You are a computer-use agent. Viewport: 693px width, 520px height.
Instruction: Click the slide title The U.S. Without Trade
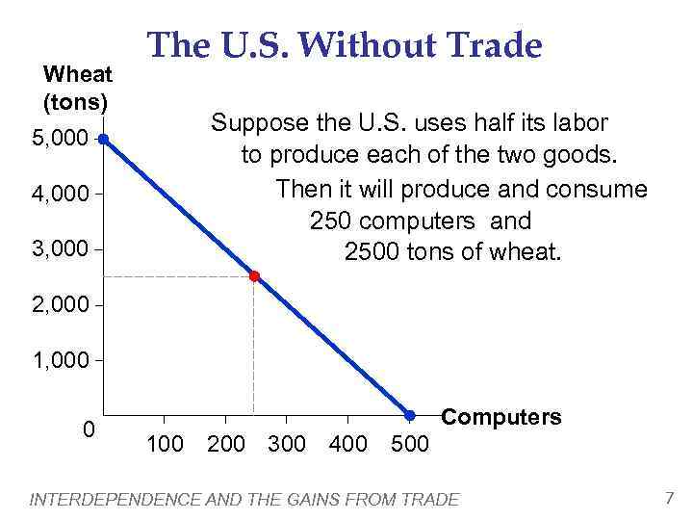click(x=344, y=45)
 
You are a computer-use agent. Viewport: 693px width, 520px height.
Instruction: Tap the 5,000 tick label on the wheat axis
click(x=60, y=139)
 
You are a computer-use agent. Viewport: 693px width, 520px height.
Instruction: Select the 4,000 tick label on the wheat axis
click(x=60, y=195)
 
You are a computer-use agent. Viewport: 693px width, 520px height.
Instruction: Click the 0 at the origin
click(x=88, y=429)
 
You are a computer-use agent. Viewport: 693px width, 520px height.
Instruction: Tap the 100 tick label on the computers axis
click(x=165, y=444)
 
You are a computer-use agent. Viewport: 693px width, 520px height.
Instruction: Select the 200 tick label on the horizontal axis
click(x=225, y=444)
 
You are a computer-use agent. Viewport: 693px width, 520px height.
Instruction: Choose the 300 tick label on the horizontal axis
click(x=286, y=444)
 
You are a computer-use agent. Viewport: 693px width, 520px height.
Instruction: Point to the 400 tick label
click(x=347, y=444)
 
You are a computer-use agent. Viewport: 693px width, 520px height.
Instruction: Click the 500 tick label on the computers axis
click(x=411, y=444)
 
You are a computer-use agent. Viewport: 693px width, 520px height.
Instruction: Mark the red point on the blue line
click(x=254, y=276)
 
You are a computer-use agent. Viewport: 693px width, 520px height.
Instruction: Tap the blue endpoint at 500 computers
click(x=409, y=415)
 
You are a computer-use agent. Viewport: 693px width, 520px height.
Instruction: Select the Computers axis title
click(x=500, y=417)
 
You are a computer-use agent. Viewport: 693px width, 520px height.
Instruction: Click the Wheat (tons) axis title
click(x=78, y=87)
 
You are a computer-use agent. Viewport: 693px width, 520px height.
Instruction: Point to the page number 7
click(x=669, y=498)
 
